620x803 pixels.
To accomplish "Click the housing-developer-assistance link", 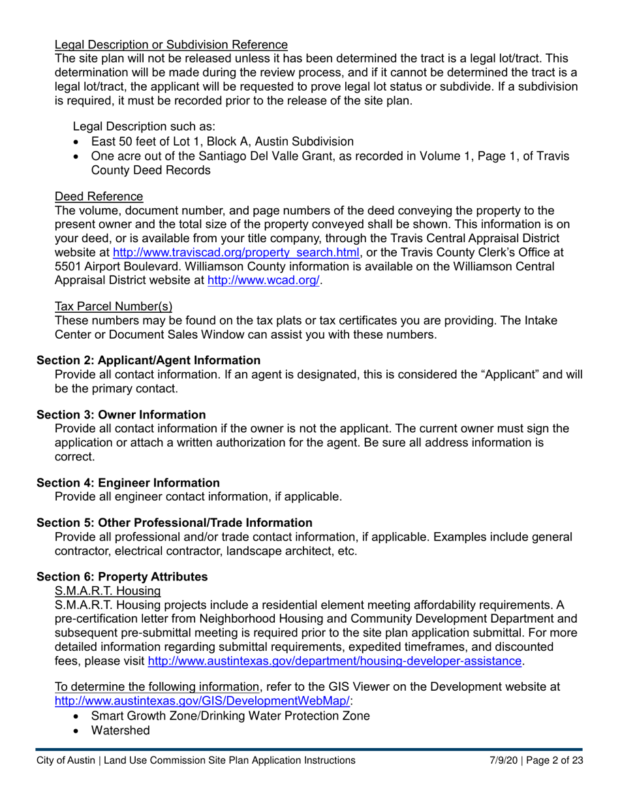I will [x=335, y=661].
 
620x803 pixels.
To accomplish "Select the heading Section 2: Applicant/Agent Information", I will [x=148, y=360].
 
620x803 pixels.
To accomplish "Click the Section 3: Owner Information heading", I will [x=121, y=415].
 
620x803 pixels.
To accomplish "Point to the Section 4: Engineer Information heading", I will [x=128, y=483].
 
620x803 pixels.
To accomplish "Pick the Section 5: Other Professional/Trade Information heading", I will [x=174, y=523].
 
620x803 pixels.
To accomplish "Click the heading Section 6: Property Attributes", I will [x=122, y=577].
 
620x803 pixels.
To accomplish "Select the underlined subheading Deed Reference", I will [x=99, y=197].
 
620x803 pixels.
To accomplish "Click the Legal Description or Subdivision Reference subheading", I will [x=171, y=45].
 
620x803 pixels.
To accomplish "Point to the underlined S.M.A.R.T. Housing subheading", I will [x=108, y=591].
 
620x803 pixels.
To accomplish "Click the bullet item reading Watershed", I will [x=120, y=730].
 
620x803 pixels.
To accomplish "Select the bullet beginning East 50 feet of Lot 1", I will [x=223, y=142].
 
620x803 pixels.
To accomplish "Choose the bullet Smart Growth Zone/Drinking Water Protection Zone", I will [x=230, y=716].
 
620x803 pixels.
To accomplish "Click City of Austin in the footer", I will [x=65, y=761].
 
